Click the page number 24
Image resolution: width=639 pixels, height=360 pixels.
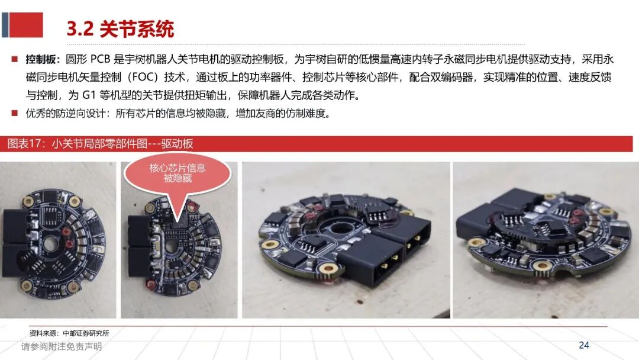(x=583, y=345)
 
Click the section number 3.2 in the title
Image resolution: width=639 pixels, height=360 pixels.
(x=80, y=29)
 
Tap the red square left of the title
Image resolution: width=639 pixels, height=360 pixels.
(x=25, y=25)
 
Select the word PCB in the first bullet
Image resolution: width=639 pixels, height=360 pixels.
(x=100, y=60)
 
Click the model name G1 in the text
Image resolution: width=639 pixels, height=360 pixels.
(x=88, y=95)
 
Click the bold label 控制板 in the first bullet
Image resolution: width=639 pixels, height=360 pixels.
(x=40, y=60)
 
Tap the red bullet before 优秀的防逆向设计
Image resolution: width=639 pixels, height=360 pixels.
(x=15, y=113)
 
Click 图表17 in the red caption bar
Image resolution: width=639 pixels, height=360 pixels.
(x=24, y=144)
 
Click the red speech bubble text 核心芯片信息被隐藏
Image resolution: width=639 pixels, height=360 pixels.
(x=177, y=173)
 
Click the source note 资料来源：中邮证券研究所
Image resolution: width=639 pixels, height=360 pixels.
(x=69, y=333)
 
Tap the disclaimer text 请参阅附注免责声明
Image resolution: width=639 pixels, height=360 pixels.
(x=62, y=346)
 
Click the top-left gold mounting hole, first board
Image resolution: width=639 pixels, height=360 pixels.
(x=28, y=200)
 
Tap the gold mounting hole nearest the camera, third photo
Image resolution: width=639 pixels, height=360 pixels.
(x=327, y=268)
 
